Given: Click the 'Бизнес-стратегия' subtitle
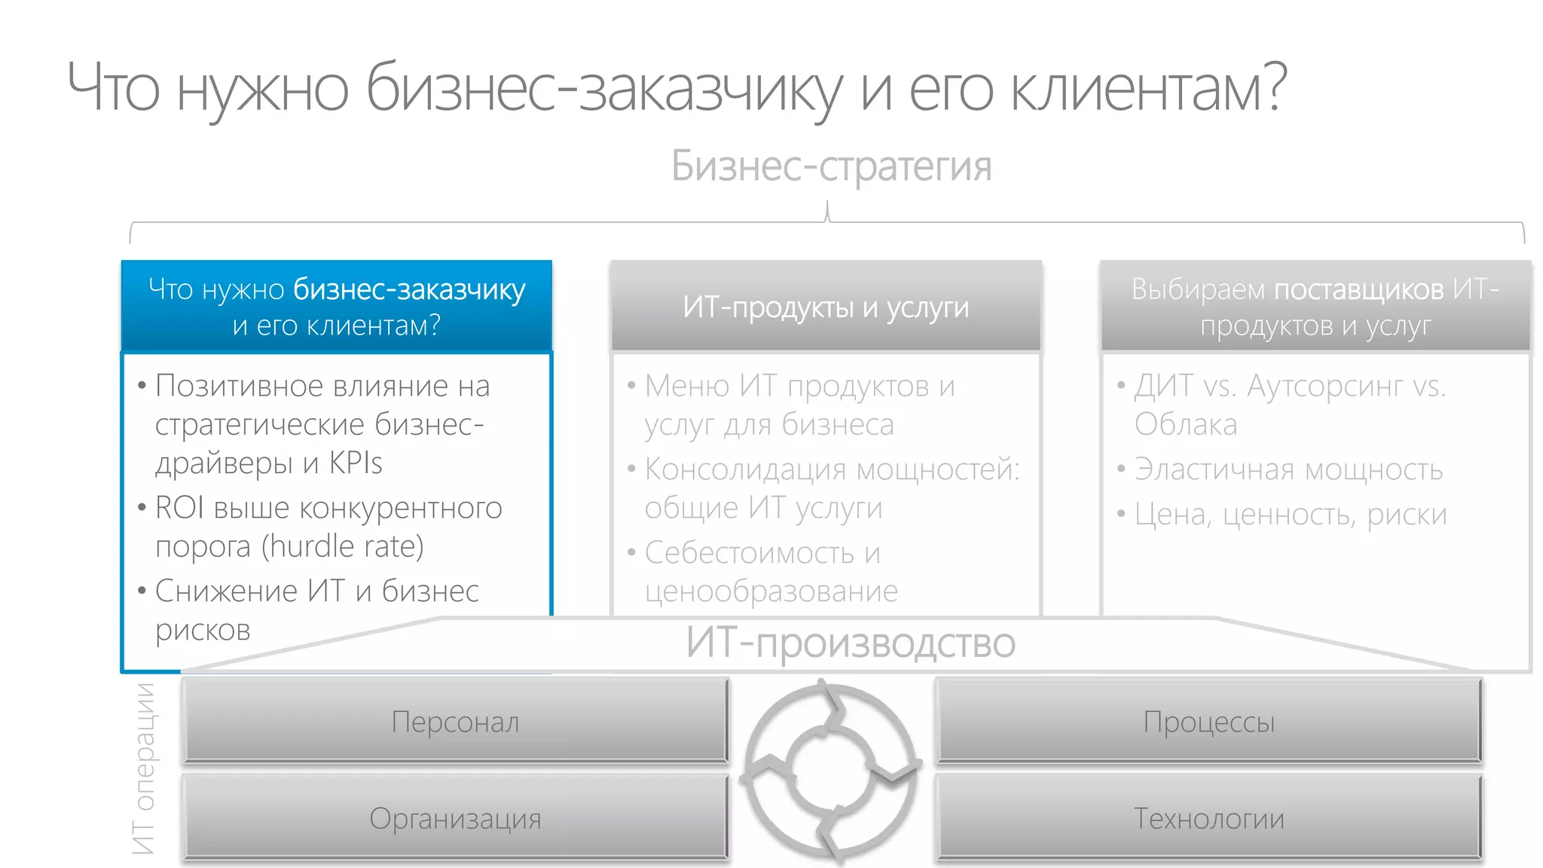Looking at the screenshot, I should pos(831,167).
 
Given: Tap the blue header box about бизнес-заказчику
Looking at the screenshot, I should pos(336,307).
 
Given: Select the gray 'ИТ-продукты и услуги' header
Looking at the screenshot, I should pos(826,307).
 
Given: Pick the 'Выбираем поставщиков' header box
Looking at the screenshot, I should pos(1315,307).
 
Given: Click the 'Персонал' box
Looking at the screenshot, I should pos(455,721).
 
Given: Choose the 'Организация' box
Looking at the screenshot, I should pos(455,818).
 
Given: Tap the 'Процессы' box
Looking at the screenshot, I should pos(1208,721).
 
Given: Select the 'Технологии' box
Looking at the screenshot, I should pos(1208,818).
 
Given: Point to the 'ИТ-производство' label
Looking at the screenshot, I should pos(850,643).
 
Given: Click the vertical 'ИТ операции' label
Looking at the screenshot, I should pos(143,769).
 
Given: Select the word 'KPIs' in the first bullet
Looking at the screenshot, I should pos(356,463).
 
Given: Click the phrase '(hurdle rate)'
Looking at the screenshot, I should pos(343,546).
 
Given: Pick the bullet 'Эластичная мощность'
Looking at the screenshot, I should pos(1288,469).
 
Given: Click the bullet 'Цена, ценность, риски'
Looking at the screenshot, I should pos(1291,515).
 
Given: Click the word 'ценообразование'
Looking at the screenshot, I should pos(771,591).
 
